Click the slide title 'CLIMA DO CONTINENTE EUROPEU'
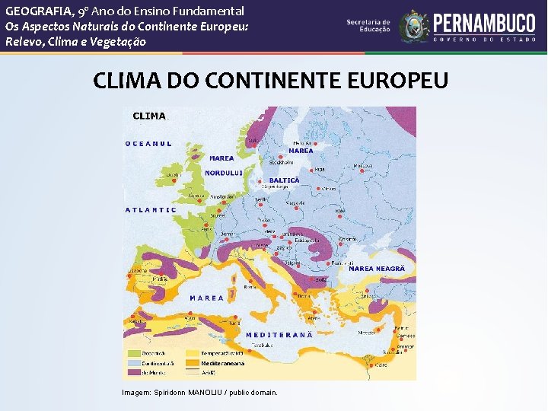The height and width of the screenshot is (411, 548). (x=270, y=81)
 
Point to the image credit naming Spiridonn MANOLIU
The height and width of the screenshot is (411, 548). (x=199, y=392)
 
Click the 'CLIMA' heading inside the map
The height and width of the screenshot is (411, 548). (x=149, y=116)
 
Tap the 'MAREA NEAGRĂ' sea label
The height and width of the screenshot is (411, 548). (x=376, y=269)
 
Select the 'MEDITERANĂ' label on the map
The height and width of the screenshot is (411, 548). (x=279, y=335)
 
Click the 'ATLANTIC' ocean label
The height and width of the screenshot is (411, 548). (x=151, y=209)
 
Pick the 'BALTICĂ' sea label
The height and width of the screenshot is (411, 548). (x=285, y=180)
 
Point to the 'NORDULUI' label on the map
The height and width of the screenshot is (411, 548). (x=224, y=173)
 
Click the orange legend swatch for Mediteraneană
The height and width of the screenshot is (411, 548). (x=193, y=364)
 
